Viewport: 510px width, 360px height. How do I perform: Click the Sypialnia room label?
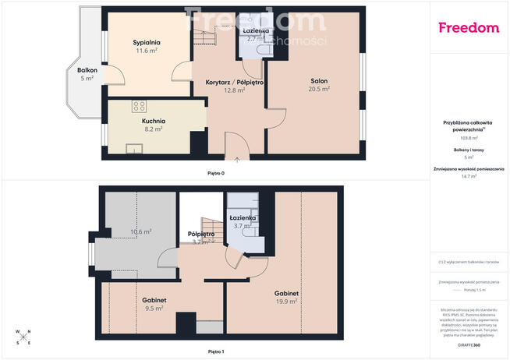(x=147, y=42)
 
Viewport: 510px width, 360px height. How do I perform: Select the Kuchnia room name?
(x=153, y=121)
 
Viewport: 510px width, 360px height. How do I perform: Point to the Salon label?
(x=318, y=81)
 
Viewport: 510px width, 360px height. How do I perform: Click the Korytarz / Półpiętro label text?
(x=234, y=81)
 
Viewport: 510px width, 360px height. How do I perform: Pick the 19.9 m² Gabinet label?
(x=286, y=294)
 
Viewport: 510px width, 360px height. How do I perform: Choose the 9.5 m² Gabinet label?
(x=153, y=300)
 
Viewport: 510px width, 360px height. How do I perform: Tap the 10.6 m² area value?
(x=141, y=231)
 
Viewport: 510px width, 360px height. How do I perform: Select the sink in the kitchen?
(x=134, y=149)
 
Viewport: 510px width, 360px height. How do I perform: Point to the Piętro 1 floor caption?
(x=216, y=352)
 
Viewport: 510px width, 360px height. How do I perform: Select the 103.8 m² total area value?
(x=468, y=136)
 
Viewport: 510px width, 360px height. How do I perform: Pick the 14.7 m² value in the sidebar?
(x=468, y=176)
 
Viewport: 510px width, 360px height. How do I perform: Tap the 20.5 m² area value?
(x=318, y=90)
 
